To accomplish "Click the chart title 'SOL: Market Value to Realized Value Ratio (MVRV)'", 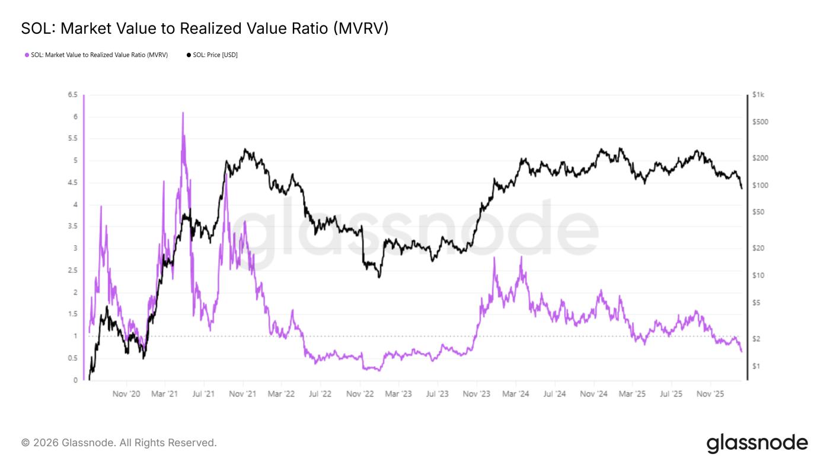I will [x=205, y=28].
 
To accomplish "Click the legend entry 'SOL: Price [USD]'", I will [x=212, y=55].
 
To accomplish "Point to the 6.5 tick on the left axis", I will [x=72, y=95].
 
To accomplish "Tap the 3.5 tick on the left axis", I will [x=72, y=227].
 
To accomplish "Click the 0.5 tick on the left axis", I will [x=72, y=358].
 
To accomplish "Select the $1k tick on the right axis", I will [x=758, y=95].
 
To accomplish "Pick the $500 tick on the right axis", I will [x=759, y=122].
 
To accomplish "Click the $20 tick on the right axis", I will [x=758, y=249].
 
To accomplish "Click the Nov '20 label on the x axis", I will [x=126, y=393].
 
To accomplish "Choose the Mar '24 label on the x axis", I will [x=515, y=393].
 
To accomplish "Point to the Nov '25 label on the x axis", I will [x=710, y=393].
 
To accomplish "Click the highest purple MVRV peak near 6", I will [x=183, y=113].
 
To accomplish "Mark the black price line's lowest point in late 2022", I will [x=379, y=277].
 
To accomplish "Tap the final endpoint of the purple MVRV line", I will [x=742, y=352].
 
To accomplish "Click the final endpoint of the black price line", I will [x=742, y=189].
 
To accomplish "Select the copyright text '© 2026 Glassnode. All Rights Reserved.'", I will [x=119, y=443].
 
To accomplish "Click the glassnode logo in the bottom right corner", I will [x=757, y=443].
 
